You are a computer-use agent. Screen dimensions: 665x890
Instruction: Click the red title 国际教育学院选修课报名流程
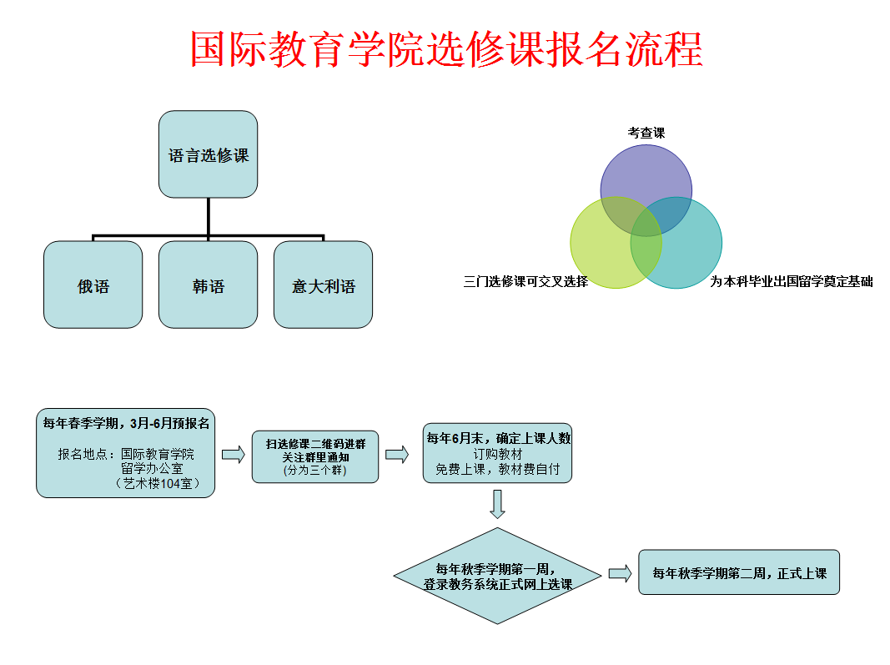(x=446, y=50)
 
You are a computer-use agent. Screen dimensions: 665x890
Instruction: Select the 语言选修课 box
(x=209, y=154)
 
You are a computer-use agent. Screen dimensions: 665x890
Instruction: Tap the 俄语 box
(x=93, y=285)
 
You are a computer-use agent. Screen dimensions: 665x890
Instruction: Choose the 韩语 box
(x=209, y=285)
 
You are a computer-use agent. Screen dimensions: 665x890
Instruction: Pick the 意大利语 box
(x=324, y=285)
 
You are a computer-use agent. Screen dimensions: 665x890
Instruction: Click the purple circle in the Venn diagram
(x=646, y=171)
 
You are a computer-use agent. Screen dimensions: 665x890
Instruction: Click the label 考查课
(x=646, y=133)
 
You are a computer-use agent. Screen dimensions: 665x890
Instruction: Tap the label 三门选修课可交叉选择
(x=526, y=281)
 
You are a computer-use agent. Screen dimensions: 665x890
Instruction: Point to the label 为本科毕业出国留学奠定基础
(x=792, y=281)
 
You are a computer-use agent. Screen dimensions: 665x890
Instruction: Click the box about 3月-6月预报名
(x=126, y=453)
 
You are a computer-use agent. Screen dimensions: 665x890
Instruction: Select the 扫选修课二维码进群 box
(x=315, y=456)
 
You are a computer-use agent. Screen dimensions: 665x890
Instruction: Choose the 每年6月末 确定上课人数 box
(x=498, y=452)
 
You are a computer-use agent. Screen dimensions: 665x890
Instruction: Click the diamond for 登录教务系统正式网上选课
(x=498, y=576)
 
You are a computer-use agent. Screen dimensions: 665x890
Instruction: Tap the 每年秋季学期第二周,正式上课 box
(x=738, y=572)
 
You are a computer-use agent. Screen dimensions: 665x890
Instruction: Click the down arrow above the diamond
(x=498, y=504)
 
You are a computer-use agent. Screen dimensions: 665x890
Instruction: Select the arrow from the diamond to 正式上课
(x=620, y=573)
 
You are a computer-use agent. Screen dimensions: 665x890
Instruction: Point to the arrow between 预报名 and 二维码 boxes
(x=234, y=454)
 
